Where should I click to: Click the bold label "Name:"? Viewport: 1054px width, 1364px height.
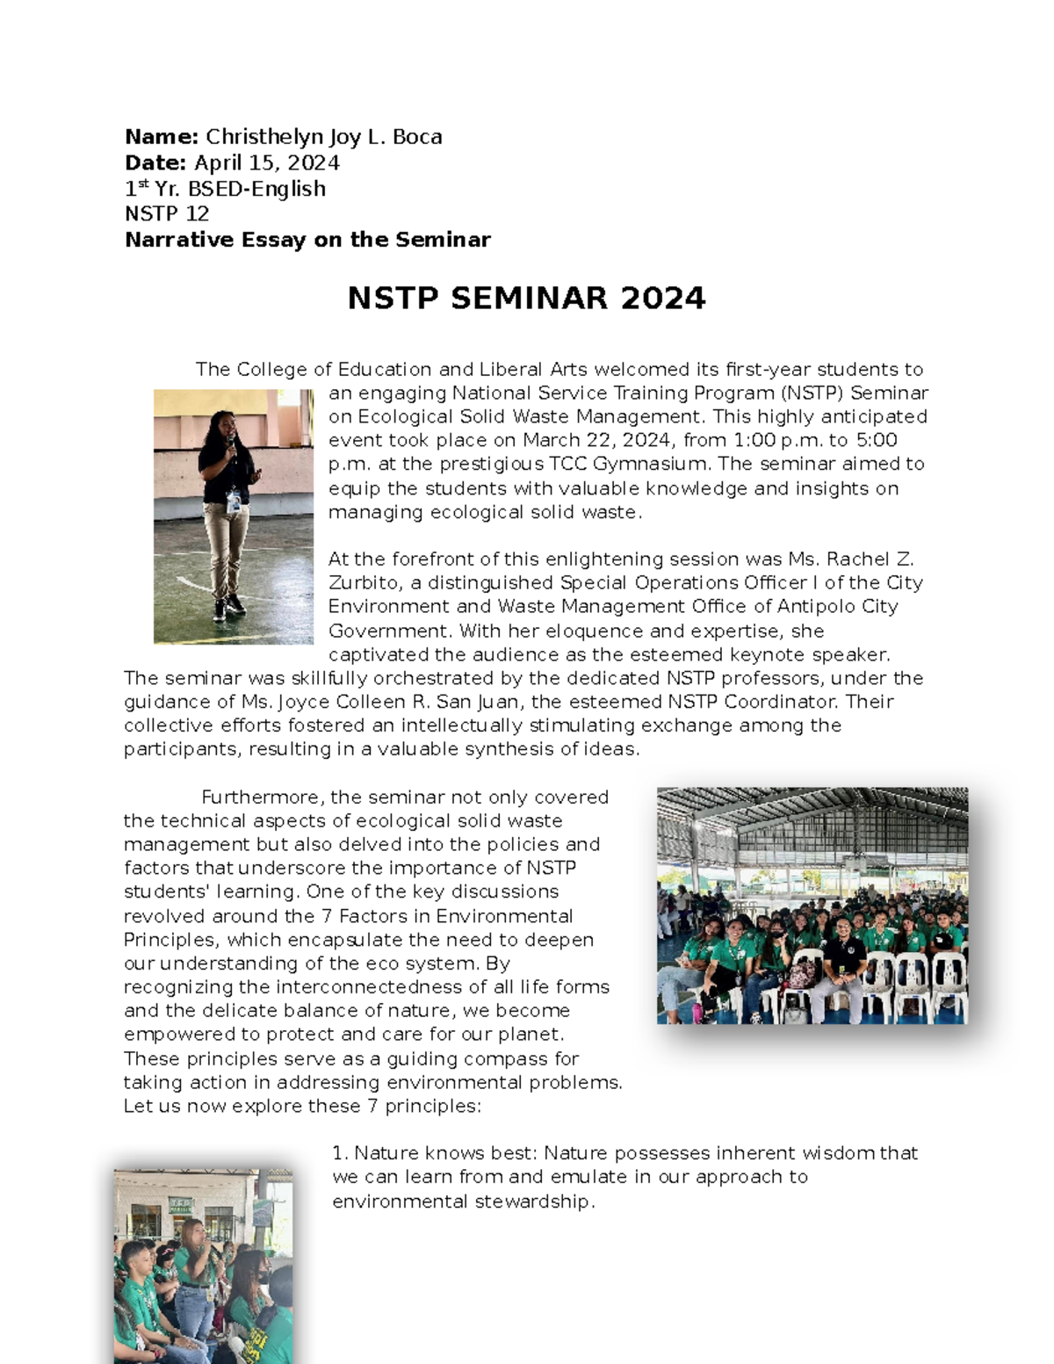(x=162, y=137)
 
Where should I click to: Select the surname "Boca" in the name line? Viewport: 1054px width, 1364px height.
(x=417, y=137)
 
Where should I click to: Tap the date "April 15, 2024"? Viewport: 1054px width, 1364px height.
(x=267, y=163)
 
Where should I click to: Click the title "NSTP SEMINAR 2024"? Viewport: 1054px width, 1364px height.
(x=526, y=299)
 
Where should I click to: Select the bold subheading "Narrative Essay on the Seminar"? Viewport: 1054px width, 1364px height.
(x=307, y=240)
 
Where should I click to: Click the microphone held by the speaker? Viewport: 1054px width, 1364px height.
(x=231, y=439)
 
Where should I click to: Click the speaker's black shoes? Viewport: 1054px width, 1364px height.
(x=227, y=606)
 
